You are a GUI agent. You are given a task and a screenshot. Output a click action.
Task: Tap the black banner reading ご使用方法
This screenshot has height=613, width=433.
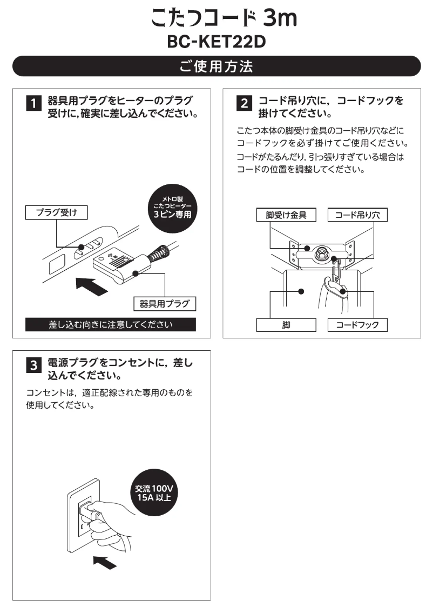(x=216, y=66)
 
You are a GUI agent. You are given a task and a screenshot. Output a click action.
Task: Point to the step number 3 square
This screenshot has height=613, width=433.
(x=33, y=367)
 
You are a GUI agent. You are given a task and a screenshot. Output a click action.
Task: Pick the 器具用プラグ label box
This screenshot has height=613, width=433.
(x=164, y=303)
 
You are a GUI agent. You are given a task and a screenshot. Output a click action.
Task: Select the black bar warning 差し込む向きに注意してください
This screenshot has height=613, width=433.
(x=110, y=325)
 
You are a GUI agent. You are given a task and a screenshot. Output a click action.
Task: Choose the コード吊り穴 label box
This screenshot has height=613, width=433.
(x=357, y=215)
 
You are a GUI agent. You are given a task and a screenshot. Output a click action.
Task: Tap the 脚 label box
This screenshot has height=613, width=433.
(x=286, y=325)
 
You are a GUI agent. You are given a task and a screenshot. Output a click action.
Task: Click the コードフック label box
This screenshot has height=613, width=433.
(x=357, y=325)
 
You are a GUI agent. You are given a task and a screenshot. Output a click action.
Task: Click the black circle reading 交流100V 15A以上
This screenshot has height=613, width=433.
(x=153, y=494)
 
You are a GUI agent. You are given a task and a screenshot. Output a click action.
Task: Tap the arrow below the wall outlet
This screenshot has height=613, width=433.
(x=104, y=562)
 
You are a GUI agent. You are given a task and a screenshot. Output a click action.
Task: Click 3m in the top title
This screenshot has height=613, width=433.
(x=280, y=19)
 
